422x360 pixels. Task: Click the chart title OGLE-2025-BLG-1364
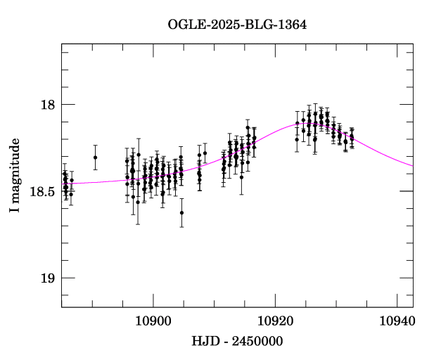coord(237,25)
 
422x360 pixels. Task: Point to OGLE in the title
coord(184,25)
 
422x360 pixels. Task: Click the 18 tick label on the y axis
coord(48,105)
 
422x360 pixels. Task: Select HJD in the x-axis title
coord(205,342)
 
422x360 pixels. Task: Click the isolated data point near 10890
coord(96,157)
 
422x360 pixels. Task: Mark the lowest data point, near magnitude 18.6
coord(181,212)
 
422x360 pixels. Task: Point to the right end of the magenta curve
coord(413,166)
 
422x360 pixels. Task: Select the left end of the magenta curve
coord(62,184)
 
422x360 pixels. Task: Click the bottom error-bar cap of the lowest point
coord(181,227)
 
